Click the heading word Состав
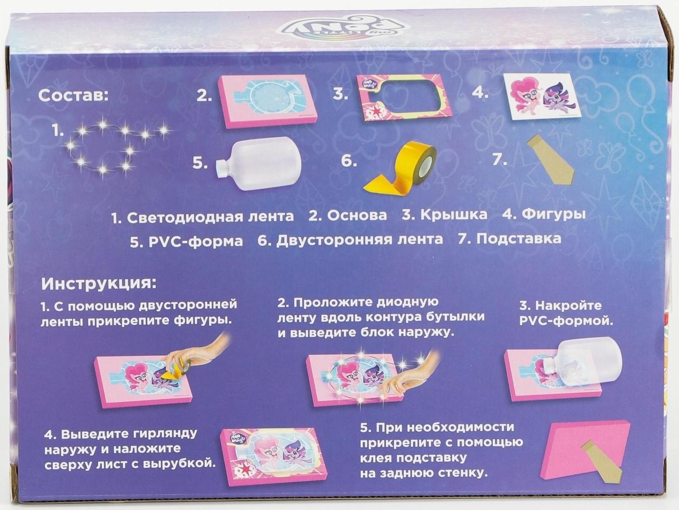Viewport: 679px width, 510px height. click(x=73, y=96)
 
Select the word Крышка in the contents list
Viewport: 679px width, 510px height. click(x=454, y=215)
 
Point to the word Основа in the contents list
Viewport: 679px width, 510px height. click(x=357, y=216)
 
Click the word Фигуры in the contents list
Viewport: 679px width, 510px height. click(x=553, y=214)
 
